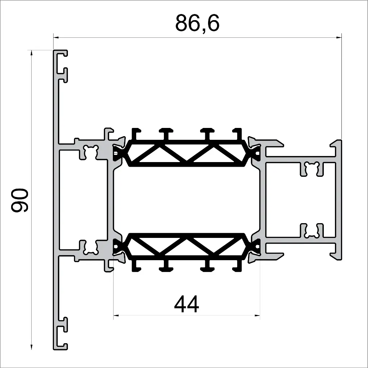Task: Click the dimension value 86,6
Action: [x=197, y=24]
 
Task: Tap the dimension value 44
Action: [x=186, y=305]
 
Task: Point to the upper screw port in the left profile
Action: [x=90, y=152]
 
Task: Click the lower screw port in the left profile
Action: [x=90, y=247]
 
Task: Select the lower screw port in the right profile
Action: [x=312, y=231]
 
